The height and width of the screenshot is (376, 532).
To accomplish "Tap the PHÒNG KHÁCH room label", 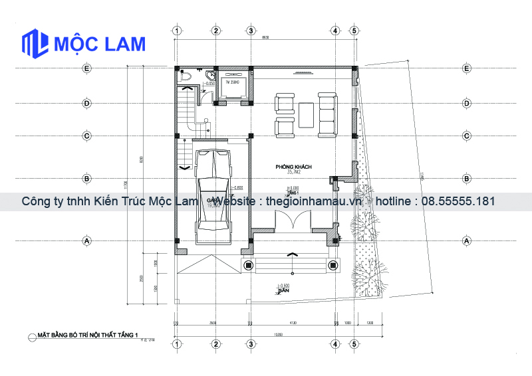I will [294, 167].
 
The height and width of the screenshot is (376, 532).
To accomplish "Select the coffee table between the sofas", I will [307, 114].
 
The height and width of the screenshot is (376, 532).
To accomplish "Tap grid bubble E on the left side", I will [86, 68].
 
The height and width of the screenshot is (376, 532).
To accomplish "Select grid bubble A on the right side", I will [467, 240].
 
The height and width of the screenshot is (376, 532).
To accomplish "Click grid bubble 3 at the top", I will [251, 31].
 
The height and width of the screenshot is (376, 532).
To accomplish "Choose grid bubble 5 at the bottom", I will [354, 344].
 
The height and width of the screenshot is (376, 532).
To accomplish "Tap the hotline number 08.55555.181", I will [458, 201].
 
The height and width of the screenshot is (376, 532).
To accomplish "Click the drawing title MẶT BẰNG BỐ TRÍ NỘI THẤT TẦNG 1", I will [87, 336].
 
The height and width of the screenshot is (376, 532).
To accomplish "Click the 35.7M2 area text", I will [293, 173].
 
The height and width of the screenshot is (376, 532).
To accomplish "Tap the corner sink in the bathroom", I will [211, 74].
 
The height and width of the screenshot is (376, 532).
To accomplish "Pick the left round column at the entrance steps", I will [248, 265].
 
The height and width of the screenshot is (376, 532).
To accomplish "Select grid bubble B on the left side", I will [86, 179].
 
